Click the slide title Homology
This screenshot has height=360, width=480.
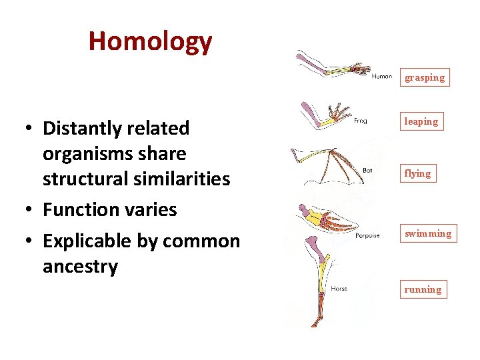(x=150, y=41)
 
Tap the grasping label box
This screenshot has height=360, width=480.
(x=425, y=77)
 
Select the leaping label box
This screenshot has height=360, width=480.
(x=421, y=121)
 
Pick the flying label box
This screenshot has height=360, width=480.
(x=417, y=173)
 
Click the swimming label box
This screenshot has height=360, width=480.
(x=427, y=233)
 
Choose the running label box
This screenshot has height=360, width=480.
(x=422, y=289)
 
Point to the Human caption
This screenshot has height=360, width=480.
(x=381, y=76)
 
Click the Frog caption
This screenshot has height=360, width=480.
(x=360, y=121)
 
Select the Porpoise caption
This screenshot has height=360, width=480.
(x=367, y=235)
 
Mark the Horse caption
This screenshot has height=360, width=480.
(x=339, y=289)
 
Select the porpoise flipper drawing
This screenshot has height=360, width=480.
(x=327, y=220)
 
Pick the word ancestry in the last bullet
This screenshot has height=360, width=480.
(x=80, y=267)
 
